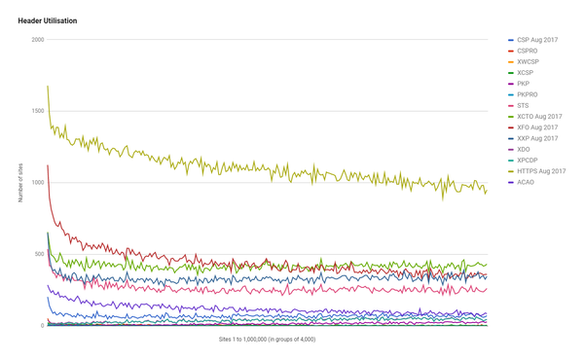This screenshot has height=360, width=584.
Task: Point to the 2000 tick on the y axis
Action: coord(37,40)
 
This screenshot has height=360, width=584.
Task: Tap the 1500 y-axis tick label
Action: coord(37,111)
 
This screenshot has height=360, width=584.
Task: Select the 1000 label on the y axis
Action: coord(37,183)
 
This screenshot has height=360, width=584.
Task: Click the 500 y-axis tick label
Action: coord(39,254)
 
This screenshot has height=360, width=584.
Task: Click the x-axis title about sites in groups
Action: coord(267,340)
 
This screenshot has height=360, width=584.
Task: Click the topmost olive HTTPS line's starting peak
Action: coord(48,87)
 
